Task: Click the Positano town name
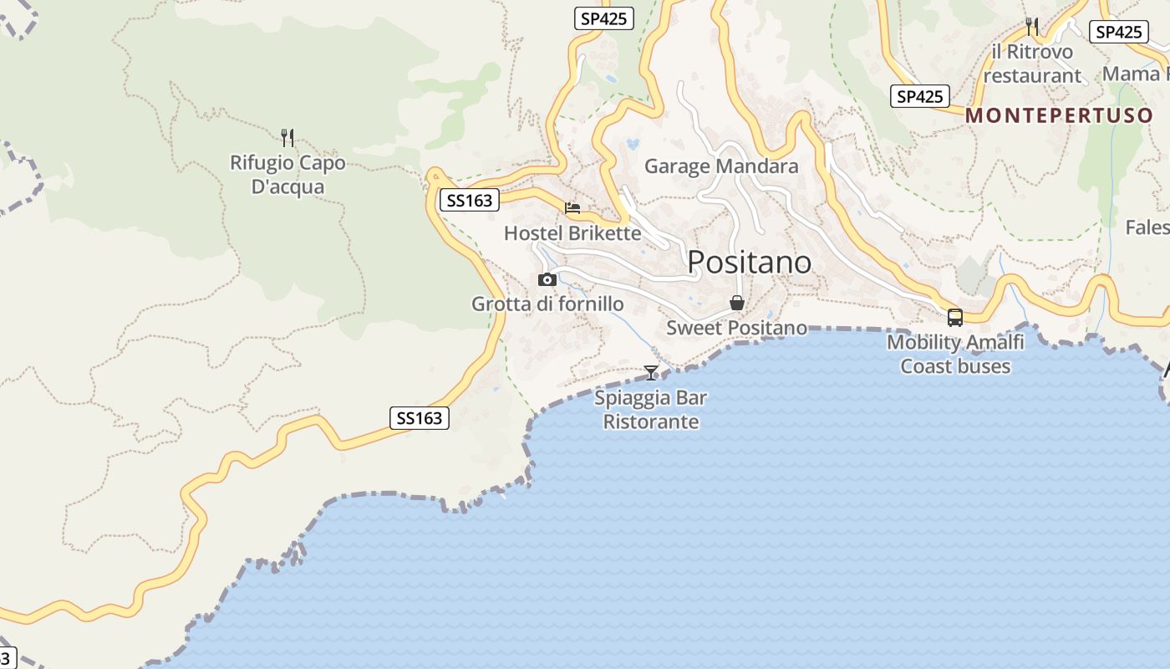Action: (x=749, y=263)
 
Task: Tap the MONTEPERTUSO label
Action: (x=1059, y=115)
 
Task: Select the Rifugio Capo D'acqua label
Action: (x=287, y=175)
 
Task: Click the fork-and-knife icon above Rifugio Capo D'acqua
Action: (x=287, y=137)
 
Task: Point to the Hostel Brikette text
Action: (x=572, y=233)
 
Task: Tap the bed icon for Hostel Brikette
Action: (x=572, y=208)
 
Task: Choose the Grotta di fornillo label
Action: (x=547, y=304)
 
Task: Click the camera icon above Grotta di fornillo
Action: (x=547, y=279)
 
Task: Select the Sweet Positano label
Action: (x=736, y=328)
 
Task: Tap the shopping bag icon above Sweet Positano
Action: (x=737, y=303)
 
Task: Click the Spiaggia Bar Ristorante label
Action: (x=651, y=410)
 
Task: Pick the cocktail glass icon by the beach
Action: (x=651, y=373)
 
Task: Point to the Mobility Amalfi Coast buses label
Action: (x=955, y=354)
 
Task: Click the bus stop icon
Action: (x=955, y=318)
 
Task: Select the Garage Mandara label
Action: (x=721, y=166)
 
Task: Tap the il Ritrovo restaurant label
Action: (x=1032, y=64)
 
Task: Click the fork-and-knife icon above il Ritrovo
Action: (x=1032, y=27)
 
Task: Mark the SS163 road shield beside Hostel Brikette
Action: (x=470, y=200)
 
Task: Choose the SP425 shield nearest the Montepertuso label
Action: (x=919, y=96)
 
